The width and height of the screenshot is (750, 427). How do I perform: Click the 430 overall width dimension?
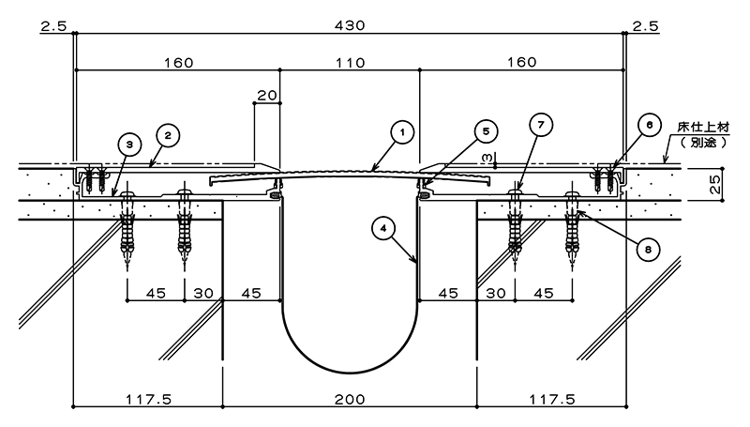[350, 25]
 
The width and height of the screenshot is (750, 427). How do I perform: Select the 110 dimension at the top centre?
[350, 63]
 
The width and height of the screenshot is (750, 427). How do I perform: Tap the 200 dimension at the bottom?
[350, 399]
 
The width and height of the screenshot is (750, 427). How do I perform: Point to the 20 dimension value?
[267, 96]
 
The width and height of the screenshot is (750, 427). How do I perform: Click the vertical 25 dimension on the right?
[714, 184]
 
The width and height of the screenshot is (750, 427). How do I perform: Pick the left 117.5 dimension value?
[148, 399]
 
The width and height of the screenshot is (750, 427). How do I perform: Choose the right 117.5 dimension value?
[552, 399]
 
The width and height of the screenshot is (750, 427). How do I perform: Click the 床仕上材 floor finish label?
[704, 128]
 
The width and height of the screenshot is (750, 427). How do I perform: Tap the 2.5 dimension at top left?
[53, 26]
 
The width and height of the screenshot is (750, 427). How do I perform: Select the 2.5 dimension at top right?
[646, 26]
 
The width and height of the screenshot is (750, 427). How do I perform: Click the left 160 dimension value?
[179, 63]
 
